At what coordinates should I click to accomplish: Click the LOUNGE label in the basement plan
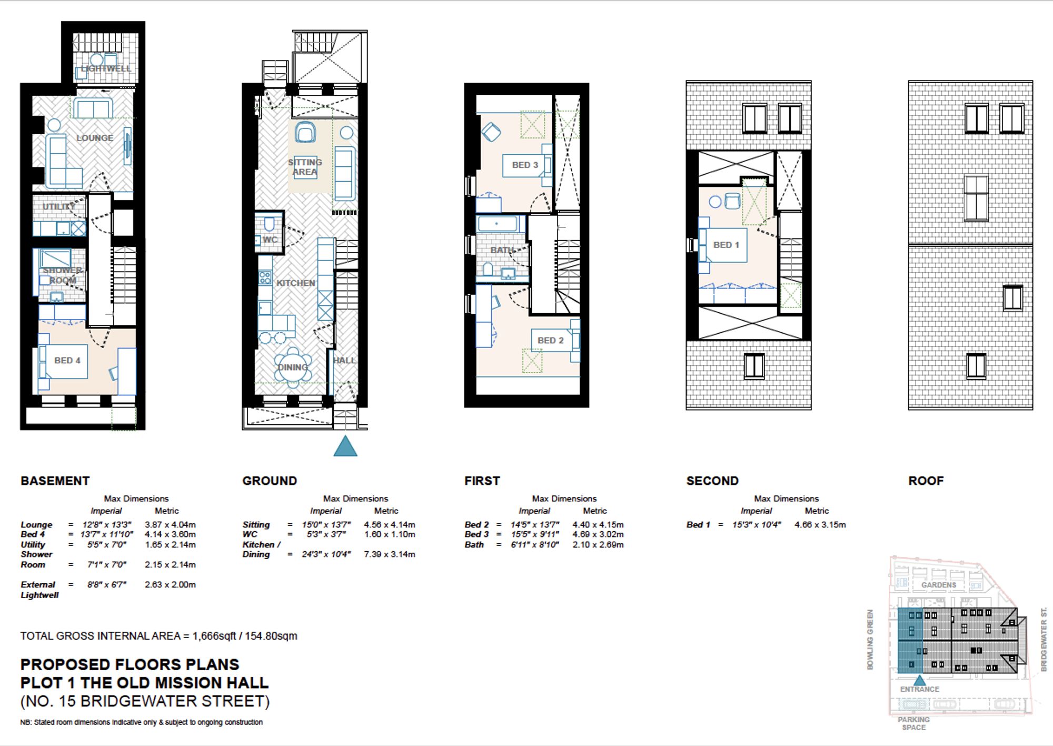click(x=95, y=138)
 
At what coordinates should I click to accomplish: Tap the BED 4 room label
click(x=67, y=361)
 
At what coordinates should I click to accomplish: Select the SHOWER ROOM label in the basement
click(x=63, y=275)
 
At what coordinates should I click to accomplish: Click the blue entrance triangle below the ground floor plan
click(x=345, y=447)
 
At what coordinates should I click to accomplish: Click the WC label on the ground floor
click(x=270, y=240)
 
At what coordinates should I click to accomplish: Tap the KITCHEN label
click(x=296, y=283)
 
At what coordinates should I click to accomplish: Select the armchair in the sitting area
click(x=305, y=132)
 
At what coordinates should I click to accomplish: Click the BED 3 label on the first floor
click(x=525, y=165)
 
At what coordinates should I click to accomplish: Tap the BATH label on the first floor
click(x=502, y=250)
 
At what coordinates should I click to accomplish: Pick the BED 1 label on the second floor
click(x=726, y=245)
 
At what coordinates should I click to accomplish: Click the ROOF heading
click(x=926, y=481)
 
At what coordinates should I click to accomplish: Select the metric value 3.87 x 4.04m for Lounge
click(x=170, y=525)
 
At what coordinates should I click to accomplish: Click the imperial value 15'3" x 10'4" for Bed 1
click(x=757, y=525)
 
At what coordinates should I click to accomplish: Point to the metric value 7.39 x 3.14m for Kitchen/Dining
click(x=389, y=554)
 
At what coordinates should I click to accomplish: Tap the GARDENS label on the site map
click(x=938, y=585)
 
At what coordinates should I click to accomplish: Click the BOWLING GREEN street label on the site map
click(x=870, y=639)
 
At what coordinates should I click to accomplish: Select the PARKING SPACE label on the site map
click(x=913, y=723)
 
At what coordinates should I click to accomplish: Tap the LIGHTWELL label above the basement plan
click(x=106, y=68)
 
